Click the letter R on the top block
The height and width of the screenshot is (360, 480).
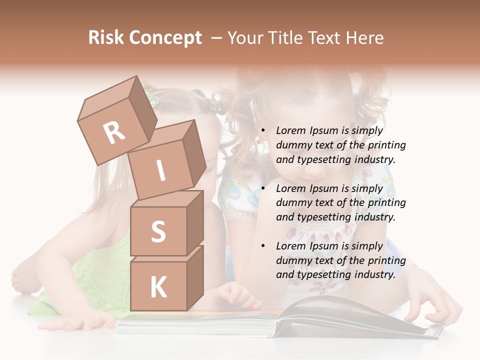pyautogui.click(x=114, y=133)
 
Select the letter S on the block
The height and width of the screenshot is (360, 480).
pyautogui.click(x=158, y=232)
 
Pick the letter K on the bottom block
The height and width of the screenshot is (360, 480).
pyautogui.click(x=158, y=287)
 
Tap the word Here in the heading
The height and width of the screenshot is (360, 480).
pyautogui.click(x=364, y=38)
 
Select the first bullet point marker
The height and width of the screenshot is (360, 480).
pyautogui.click(x=262, y=131)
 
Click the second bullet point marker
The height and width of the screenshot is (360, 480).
pyautogui.click(x=262, y=189)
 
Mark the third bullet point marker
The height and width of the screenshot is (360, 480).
pyautogui.click(x=262, y=246)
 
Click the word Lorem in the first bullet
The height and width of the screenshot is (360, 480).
pyautogui.click(x=291, y=131)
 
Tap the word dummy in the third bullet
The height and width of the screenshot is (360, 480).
pyautogui.click(x=292, y=260)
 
